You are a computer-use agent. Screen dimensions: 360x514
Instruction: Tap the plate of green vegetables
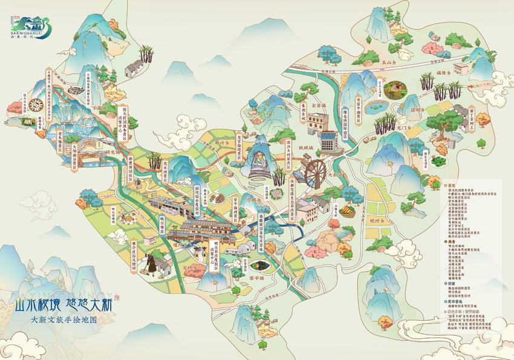395,89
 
